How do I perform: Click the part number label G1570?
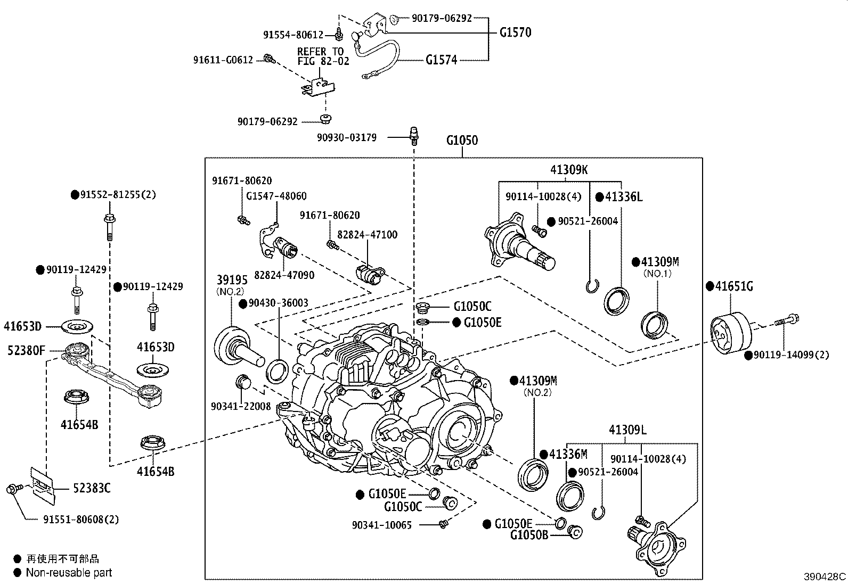coord(515,32)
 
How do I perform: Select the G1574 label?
coord(441,60)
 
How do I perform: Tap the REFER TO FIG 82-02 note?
coord(323,56)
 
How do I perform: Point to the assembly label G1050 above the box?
coord(462,141)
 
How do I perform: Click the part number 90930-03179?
coord(347,138)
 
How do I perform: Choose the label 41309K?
coord(569,170)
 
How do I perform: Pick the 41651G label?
coord(734,286)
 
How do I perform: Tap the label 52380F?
coord(27,350)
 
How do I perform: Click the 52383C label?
coord(92,488)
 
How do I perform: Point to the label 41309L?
coord(627,430)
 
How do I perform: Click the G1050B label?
coord(529,534)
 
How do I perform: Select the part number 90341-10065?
coord(381,525)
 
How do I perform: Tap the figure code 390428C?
coord(825,576)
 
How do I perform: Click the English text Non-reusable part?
coord(69,573)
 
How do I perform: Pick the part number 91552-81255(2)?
coord(118,195)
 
